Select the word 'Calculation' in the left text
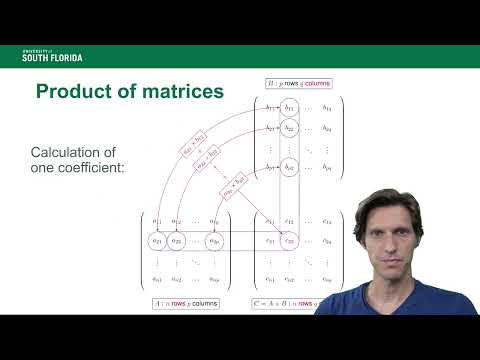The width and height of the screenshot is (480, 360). point(71,152)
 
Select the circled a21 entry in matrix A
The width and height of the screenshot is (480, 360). point(156,240)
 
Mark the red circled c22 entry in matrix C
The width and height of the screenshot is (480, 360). point(290,240)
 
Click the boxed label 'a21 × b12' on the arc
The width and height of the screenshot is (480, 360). point(193,147)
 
